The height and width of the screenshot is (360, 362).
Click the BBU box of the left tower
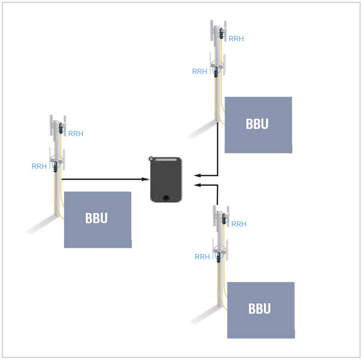click(98, 219)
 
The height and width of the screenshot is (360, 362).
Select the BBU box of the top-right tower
click(258, 125)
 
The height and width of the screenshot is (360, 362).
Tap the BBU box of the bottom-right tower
click(261, 310)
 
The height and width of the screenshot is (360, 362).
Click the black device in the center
click(166, 179)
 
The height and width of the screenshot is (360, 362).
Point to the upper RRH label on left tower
click(76, 134)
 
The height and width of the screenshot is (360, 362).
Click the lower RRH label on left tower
click(39, 166)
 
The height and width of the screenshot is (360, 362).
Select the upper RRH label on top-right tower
click(236, 39)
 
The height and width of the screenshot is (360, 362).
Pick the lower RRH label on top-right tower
click(200, 71)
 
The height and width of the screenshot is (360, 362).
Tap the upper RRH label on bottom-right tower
click(239, 224)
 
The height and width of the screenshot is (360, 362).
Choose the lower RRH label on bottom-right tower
click(203, 257)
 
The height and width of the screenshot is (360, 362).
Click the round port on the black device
click(166, 198)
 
